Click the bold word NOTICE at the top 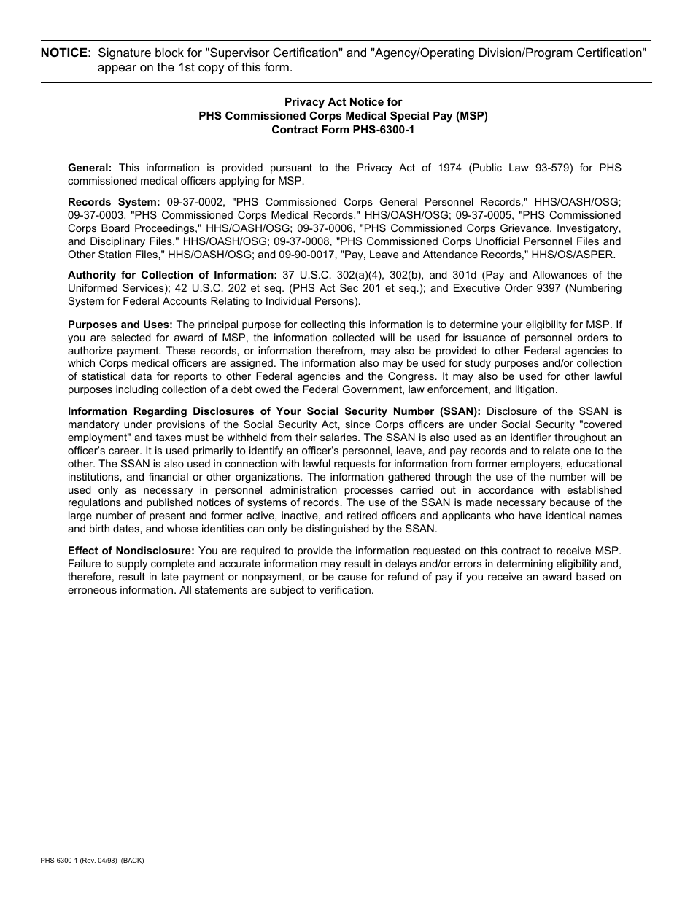[x=64, y=53]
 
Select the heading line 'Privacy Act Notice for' [x=343, y=102]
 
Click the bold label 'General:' [x=90, y=168]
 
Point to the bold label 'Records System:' [x=114, y=202]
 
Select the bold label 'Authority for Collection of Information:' [x=172, y=275]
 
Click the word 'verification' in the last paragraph [x=344, y=590]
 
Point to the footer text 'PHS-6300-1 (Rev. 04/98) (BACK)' [x=93, y=861]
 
